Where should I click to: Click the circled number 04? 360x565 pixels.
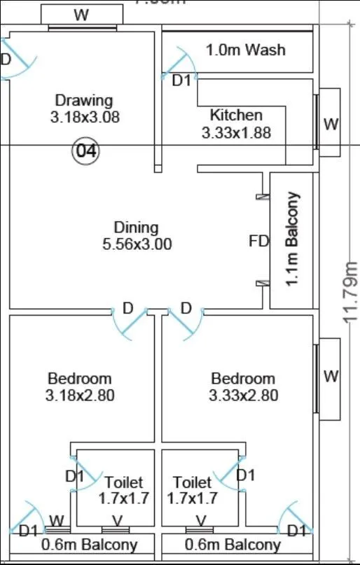pos(86,151)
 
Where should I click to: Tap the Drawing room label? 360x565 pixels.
pos(84,100)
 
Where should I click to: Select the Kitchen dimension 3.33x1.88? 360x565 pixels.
pos(236,132)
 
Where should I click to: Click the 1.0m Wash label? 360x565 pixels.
pos(245,50)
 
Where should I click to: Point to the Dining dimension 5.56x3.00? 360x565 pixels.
pos(137,244)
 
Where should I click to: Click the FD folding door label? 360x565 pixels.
pos(258,242)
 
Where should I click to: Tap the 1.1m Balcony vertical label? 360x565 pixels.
pos(292,238)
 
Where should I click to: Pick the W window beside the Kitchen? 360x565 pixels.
pos(331,124)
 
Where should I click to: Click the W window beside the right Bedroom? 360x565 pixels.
pos(331,376)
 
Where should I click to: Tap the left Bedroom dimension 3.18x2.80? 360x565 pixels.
pos(79,396)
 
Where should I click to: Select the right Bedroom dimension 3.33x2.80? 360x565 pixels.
pos(243,396)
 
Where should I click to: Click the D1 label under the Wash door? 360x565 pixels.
pos(181,81)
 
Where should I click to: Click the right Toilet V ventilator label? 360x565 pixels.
pos(201,520)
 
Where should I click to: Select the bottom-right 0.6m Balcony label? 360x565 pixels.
pos(233,545)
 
